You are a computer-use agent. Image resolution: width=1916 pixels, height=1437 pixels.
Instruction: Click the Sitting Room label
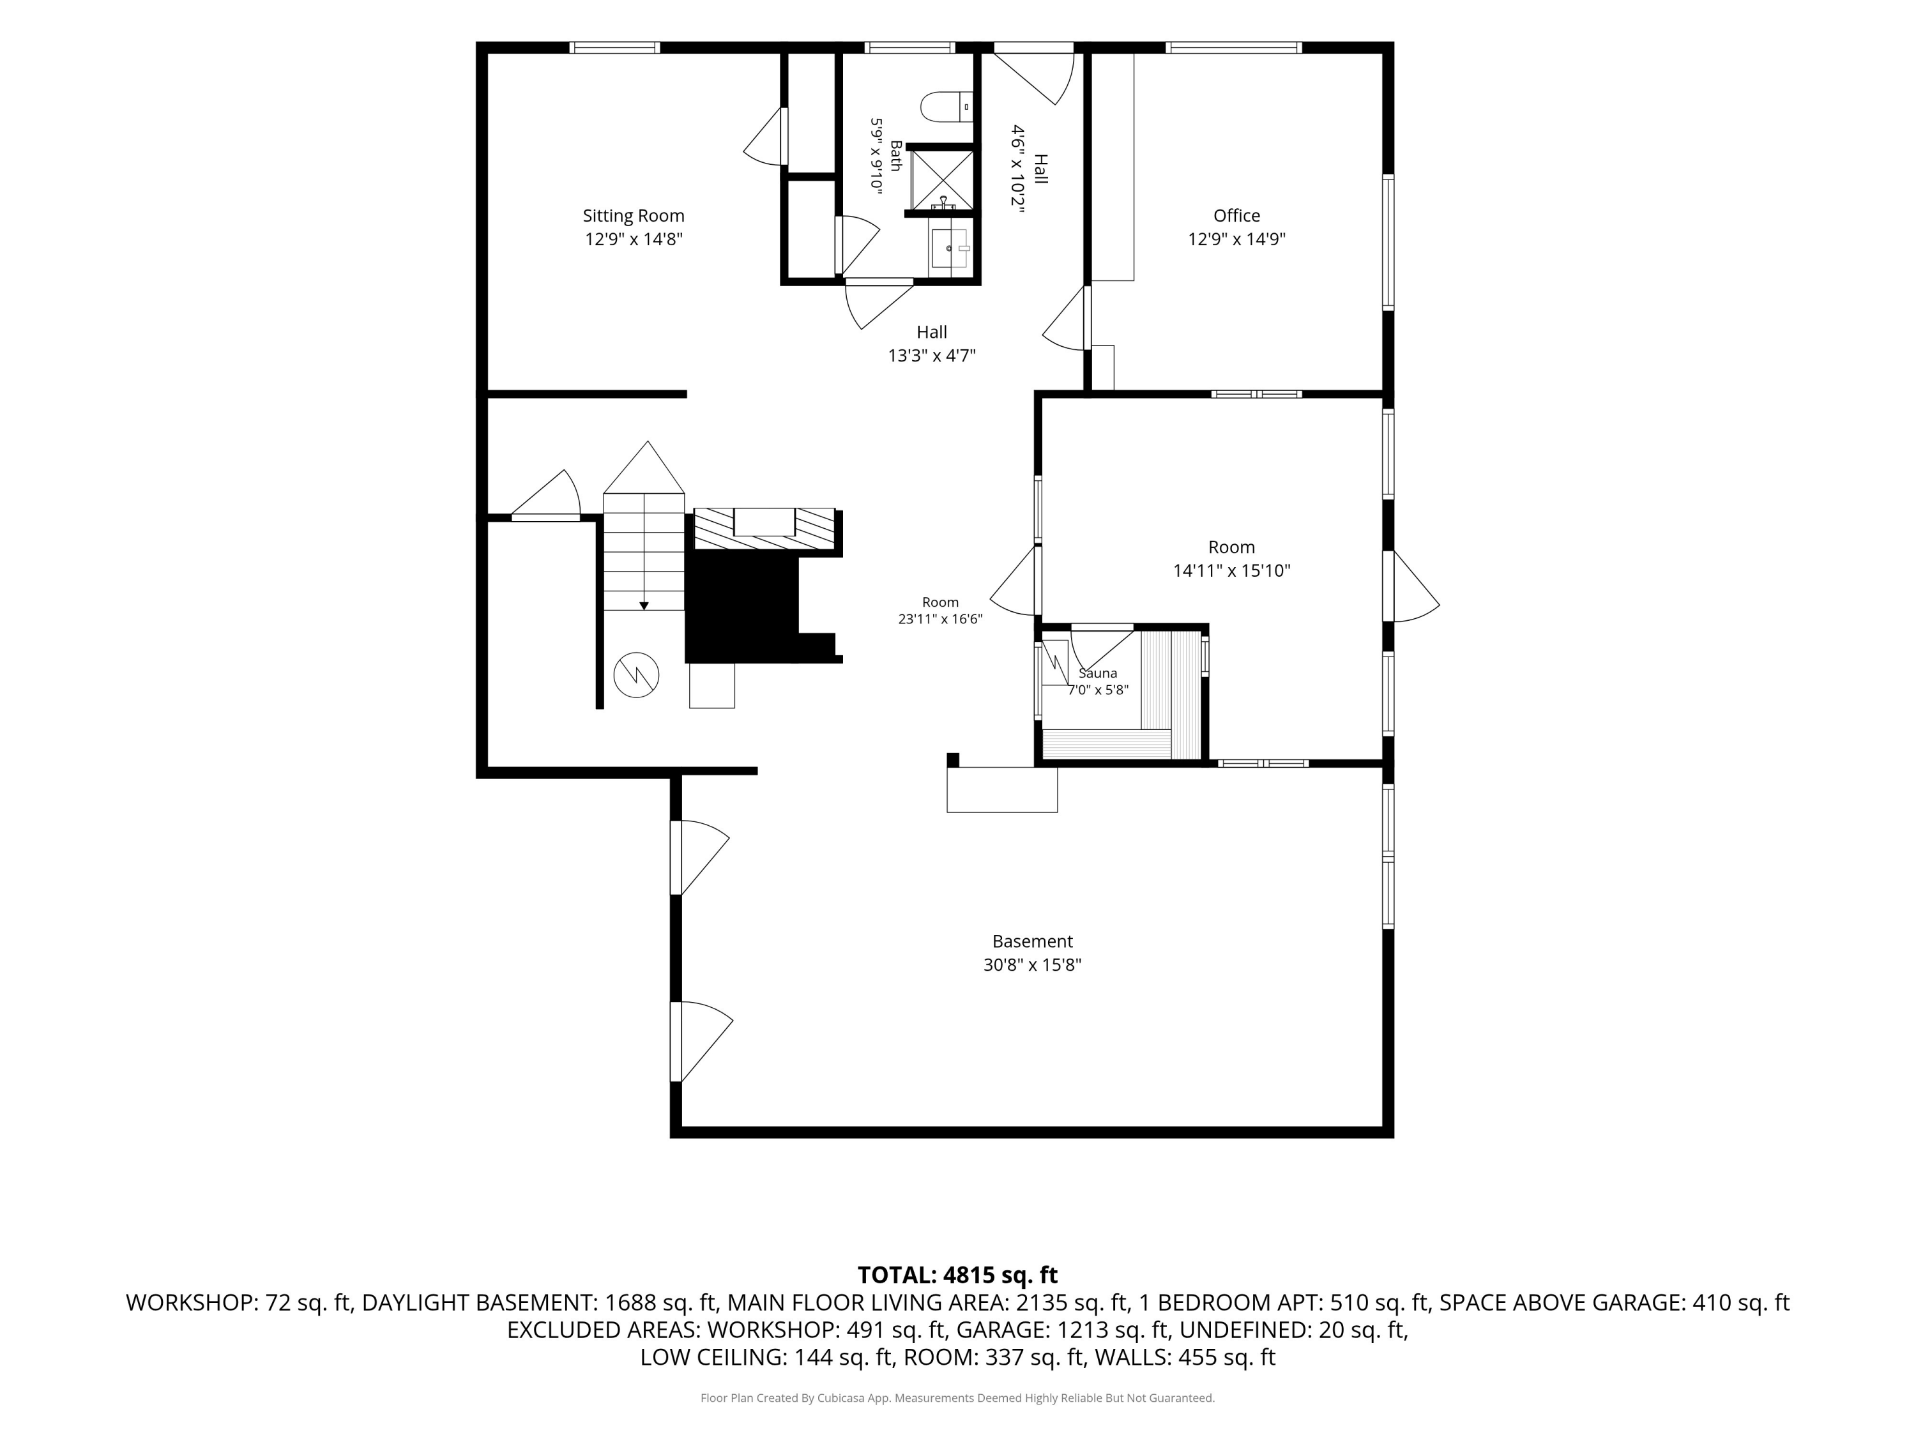pyautogui.click(x=633, y=216)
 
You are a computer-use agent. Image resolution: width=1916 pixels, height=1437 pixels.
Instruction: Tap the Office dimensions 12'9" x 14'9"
pyautogui.click(x=1236, y=239)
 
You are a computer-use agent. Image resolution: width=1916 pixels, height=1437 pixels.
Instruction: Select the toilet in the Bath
pyautogui.click(x=946, y=107)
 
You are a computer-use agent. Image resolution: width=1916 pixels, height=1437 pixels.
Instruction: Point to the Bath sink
pyautogui.click(x=951, y=248)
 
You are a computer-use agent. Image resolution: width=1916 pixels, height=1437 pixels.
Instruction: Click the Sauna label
pyautogui.click(x=1097, y=673)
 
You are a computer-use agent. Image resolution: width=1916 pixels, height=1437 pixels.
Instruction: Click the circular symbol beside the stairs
pyautogui.click(x=637, y=676)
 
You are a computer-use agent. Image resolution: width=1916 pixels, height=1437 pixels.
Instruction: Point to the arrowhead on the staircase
pyautogui.click(x=644, y=605)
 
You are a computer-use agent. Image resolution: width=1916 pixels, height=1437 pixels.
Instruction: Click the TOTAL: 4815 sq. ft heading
pyautogui.click(x=957, y=1275)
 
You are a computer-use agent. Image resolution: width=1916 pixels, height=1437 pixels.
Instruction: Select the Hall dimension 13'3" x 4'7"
pyautogui.click(x=932, y=355)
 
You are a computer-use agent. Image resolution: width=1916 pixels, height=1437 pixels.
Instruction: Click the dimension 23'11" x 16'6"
pyautogui.click(x=940, y=618)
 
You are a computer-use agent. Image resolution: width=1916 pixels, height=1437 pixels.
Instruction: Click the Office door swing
pyautogui.click(x=1065, y=318)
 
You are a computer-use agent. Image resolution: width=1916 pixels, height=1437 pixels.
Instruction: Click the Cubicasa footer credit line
pyautogui.click(x=957, y=1398)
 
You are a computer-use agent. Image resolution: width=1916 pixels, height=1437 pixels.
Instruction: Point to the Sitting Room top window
pyautogui.click(x=614, y=48)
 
